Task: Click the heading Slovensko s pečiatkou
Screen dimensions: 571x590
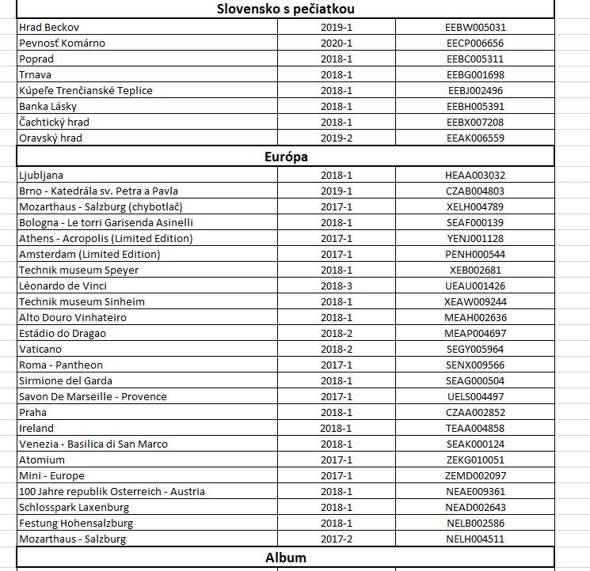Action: [285, 9]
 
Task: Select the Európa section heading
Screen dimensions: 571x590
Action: [285, 157]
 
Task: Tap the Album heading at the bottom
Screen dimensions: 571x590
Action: [285, 558]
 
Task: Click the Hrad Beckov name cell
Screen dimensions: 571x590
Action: [49, 27]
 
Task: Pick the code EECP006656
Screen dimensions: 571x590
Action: [475, 43]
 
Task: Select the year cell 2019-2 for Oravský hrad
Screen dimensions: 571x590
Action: [337, 138]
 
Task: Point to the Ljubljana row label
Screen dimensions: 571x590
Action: [41, 175]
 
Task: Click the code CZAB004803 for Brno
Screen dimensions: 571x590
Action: [475, 191]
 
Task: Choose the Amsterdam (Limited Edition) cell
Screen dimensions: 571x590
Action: [89, 254]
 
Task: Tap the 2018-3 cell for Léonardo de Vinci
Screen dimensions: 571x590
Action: [337, 285]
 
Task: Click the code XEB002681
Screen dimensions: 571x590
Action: [475, 270]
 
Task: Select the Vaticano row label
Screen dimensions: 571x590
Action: [40, 349]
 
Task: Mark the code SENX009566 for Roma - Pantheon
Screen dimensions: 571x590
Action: [475, 365]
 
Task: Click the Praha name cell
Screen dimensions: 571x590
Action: [33, 412]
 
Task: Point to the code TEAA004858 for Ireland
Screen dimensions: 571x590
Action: [475, 428]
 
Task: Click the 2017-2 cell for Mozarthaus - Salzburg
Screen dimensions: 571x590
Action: [337, 539]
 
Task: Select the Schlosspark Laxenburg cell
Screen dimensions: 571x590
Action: [74, 507]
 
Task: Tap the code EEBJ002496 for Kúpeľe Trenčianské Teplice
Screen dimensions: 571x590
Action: [475, 90]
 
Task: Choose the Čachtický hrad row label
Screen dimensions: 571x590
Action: [54, 122]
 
